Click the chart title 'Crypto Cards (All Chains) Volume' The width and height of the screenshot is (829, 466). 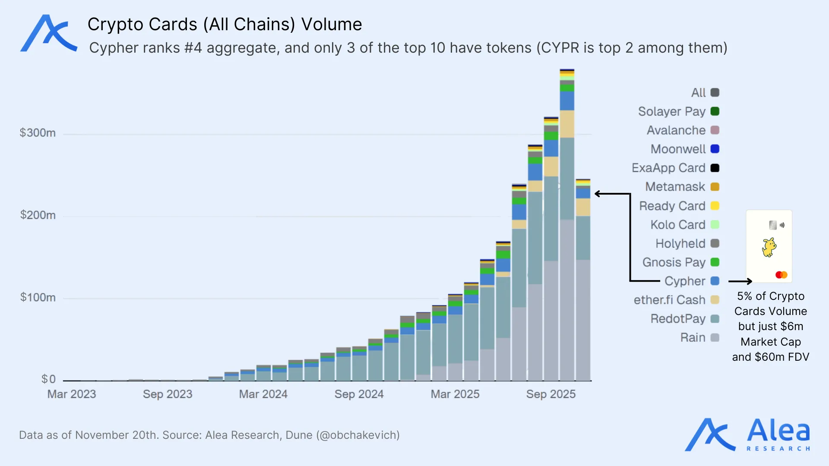(x=225, y=24)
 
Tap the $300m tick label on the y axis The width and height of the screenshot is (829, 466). (x=38, y=132)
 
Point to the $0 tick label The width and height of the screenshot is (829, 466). (x=48, y=379)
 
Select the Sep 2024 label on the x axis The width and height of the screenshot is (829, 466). (x=359, y=394)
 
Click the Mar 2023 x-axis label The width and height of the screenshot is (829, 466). (x=72, y=394)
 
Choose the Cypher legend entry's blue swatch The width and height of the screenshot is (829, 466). (x=715, y=281)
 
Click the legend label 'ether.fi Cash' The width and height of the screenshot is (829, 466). (x=669, y=300)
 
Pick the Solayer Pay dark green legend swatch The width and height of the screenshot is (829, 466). (x=715, y=111)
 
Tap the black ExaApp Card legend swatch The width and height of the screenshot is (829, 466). (x=715, y=168)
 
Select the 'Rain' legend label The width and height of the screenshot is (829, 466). (x=693, y=337)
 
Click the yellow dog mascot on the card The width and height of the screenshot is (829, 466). (x=769, y=247)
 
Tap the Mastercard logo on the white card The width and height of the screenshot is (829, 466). (x=781, y=275)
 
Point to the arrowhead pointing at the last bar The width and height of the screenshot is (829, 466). (x=598, y=194)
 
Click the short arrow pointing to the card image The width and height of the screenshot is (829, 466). (x=740, y=281)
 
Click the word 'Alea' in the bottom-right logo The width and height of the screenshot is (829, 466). (x=778, y=431)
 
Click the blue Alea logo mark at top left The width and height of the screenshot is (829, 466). (x=48, y=34)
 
